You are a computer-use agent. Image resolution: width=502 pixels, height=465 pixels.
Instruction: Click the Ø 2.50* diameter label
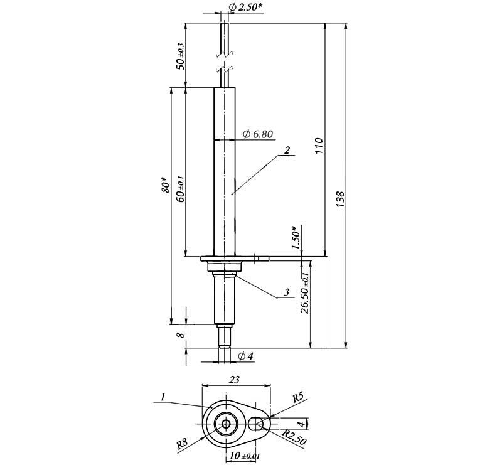pyautogui.click(x=246, y=7)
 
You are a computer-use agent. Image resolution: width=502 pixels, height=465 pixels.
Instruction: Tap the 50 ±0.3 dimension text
pyautogui.click(x=181, y=56)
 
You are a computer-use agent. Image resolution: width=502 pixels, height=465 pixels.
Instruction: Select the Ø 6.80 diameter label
pyautogui.click(x=258, y=134)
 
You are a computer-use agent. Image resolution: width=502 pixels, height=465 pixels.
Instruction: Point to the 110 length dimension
pyautogui.click(x=319, y=146)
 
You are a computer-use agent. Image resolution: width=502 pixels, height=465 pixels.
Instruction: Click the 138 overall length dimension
pyautogui.click(x=340, y=199)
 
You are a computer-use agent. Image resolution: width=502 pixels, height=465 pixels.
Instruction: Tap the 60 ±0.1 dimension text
pyautogui.click(x=181, y=189)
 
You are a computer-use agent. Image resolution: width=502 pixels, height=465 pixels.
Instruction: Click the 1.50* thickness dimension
pyautogui.click(x=296, y=237)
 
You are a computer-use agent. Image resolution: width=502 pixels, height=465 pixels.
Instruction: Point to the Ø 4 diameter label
pyautogui.click(x=246, y=356)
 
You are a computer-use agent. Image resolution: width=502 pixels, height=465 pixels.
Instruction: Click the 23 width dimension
pyautogui.click(x=234, y=380)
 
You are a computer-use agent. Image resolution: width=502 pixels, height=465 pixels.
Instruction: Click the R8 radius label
pyautogui.click(x=182, y=444)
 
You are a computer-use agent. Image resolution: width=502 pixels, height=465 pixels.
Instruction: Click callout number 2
pyautogui.click(x=287, y=150)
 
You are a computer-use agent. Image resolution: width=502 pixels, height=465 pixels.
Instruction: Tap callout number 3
pyautogui.click(x=287, y=292)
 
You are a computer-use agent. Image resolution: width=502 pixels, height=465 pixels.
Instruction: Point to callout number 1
pyautogui.click(x=163, y=397)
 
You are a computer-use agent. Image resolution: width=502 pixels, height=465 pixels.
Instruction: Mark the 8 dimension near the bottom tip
pyautogui.click(x=181, y=335)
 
